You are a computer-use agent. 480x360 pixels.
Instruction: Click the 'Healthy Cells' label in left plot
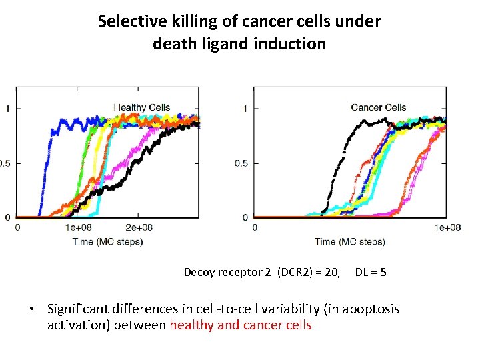[x=141, y=107]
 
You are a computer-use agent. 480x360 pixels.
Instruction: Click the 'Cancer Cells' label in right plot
[x=378, y=107]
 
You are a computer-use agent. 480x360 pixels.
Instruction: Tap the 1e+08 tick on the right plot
[x=448, y=227]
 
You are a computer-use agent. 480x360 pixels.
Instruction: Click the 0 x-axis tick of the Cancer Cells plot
[x=255, y=227]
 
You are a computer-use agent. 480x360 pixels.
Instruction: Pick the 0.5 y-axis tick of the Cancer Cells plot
[x=242, y=163]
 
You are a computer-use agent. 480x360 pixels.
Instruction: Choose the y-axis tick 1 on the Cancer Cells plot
[x=245, y=109]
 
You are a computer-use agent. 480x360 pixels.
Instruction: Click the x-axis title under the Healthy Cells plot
[x=108, y=241]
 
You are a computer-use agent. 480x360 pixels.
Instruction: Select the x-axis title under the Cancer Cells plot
[x=350, y=241]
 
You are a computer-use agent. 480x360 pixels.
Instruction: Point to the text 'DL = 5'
[x=371, y=272]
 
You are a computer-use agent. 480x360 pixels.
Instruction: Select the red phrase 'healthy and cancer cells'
[x=241, y=325]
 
